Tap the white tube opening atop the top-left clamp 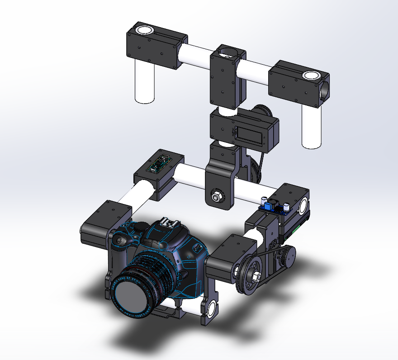(x=144, y=30)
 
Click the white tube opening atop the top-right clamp (x=311, y=75)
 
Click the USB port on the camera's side (x=198, y=247)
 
